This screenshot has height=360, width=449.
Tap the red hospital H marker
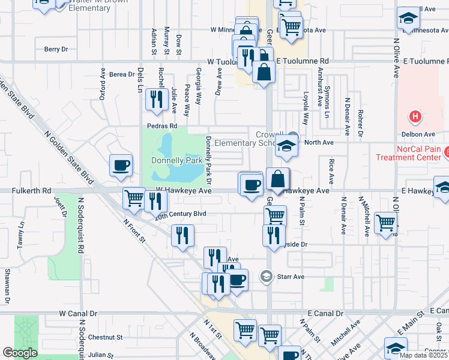click(x=414, y=115)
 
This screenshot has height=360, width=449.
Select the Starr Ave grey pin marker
click(x=267, y=277)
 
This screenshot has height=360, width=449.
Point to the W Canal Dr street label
click(x=78, y=314)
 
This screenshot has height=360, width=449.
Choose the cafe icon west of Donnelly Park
click(x=121, y=165)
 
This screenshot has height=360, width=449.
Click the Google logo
click(x=20, y=353)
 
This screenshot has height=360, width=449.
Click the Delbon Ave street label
click(x=422, y=134)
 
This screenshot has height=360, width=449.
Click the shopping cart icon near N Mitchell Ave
click(x=385, y=223)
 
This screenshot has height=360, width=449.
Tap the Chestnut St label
click(x=105, y=337)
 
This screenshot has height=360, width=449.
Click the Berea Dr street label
click(x=122, y=74)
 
